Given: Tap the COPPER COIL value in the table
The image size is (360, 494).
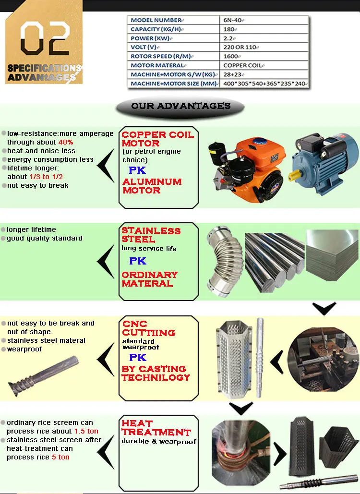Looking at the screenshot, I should [x=242, y=65].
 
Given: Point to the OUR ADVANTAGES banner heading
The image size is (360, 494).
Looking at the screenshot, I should [x=180, y=106].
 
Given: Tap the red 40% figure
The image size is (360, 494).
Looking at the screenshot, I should [x=66, y=142].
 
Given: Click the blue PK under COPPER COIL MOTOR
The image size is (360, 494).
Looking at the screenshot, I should [x=137, y=170].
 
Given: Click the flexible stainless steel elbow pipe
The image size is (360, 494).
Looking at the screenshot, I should [x=224, y=261].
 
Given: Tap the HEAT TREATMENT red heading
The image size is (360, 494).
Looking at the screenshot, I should [x=156, y=428].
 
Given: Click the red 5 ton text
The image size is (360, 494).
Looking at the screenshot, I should [x=60, y=457].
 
